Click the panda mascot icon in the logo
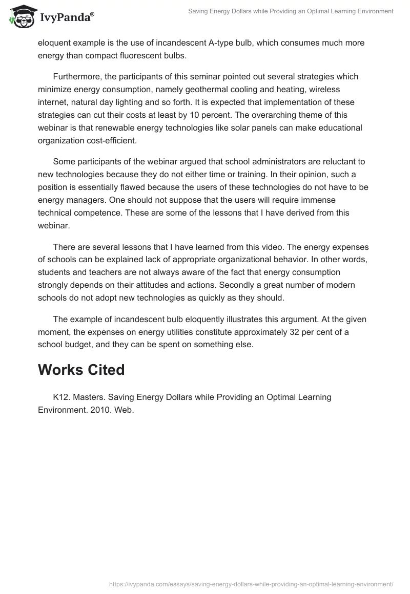[21, 16]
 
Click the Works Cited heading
[81, 370]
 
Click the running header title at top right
[291, 11]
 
